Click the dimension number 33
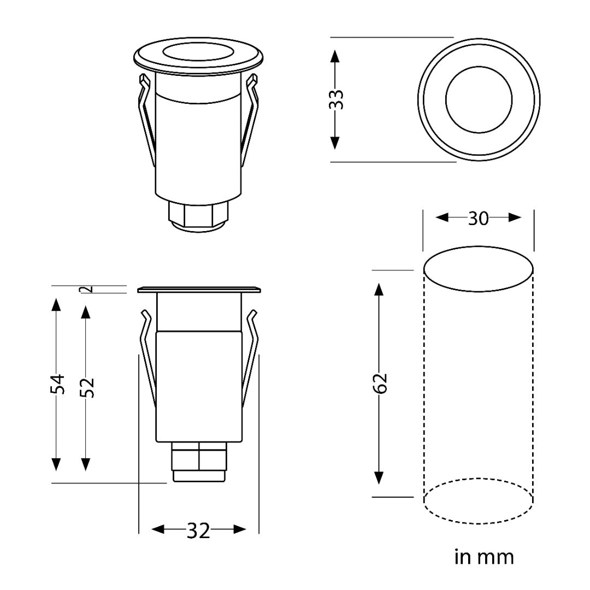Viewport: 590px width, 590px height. [x=338, y=99]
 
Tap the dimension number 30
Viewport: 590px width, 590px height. [x=479, y=218]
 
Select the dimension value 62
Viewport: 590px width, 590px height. [x=381, y=383]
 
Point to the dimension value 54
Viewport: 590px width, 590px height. [x=57, y=383]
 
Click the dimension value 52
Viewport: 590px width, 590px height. [x=87, y=387]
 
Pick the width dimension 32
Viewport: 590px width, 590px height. [x=198, y=530]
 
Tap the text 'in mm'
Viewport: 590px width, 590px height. [x=484, y=557]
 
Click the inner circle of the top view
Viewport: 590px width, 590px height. [x=479, y=99]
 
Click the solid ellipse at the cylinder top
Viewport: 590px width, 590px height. [x=479, y=270]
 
